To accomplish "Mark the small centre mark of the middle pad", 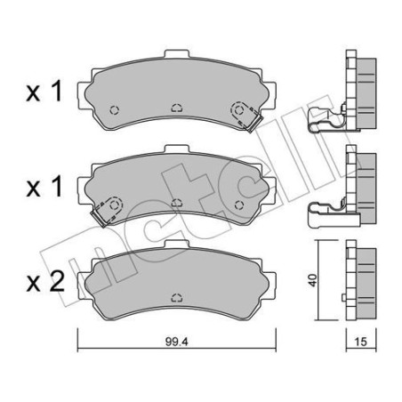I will pyautogui.click(x=176, y=203).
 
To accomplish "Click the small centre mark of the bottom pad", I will pyautogui.click(x=176, y=296).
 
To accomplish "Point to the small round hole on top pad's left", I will pyautogui.click(x=112, y=110).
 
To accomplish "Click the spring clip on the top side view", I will pyautogui.click(x=325, y=120).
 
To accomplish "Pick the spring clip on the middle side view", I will pyautogui.click(x=325, y=211).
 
